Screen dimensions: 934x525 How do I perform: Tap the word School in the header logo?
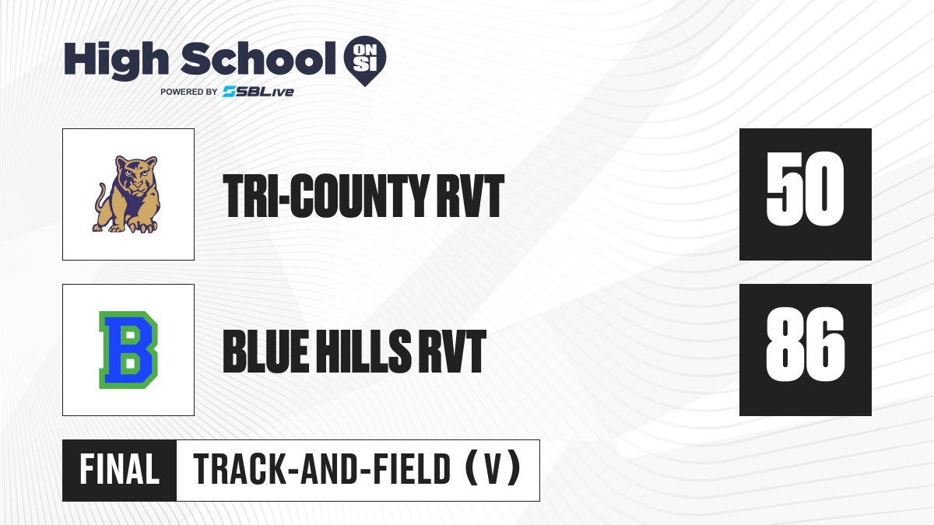[258, 58]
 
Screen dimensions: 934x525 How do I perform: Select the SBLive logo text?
[258, 92]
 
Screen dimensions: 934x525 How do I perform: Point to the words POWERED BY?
[189, 92]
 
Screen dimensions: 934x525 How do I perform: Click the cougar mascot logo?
[126, 194]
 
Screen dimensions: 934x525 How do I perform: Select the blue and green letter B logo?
[128, 350]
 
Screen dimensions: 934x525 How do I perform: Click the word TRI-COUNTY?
[325, 196]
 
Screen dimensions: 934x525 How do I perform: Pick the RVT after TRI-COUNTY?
[470, 196]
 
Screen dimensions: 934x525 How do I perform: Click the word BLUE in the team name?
[266, 352]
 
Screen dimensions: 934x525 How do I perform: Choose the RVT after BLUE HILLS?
[452, 352]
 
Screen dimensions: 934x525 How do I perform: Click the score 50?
[805, 189]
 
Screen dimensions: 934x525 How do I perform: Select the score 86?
[805, 344]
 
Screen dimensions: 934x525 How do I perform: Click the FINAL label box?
[119, 471]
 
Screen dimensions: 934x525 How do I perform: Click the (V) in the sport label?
[493, 469]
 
